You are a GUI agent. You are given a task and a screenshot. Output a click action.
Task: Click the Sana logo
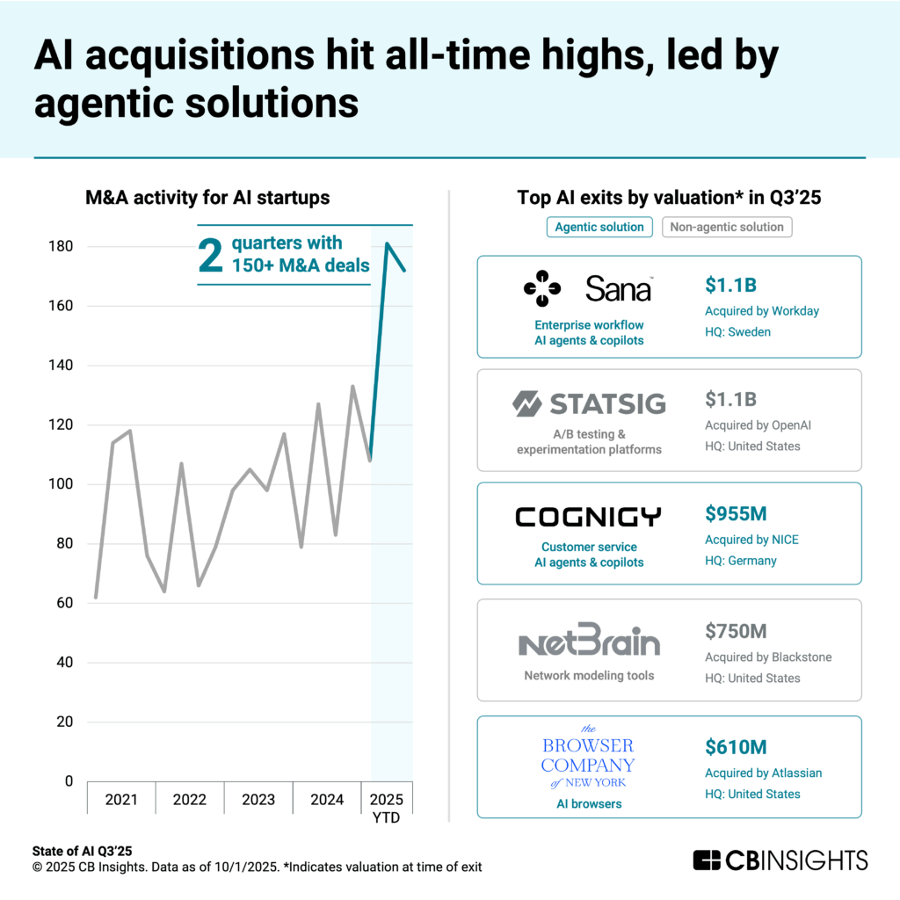pos(587,288)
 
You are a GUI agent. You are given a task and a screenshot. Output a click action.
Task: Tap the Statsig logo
pos(588,404)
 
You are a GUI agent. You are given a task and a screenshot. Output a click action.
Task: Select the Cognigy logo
pos(588,517)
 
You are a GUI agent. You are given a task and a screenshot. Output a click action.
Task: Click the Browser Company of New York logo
pos(587,756)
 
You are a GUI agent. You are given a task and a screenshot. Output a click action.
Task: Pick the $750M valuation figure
pos(736,630)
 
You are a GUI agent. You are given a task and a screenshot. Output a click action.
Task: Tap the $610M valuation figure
pos(736,747)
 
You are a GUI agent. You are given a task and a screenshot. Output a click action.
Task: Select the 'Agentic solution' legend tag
pos(600,227)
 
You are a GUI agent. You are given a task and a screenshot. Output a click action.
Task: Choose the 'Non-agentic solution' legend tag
pos(727,227)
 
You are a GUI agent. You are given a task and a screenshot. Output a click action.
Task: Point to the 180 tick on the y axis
pos(61,246)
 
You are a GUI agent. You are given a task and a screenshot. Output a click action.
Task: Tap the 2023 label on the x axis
pos(258,800)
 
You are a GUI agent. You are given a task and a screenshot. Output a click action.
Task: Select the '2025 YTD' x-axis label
pos(387,808)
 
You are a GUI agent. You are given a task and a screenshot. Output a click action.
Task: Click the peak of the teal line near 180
pos(387,243)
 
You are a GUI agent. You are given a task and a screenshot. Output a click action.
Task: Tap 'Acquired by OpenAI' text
pos(758,425)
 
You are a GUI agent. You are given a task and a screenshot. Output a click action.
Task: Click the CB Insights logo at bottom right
pos(780,860)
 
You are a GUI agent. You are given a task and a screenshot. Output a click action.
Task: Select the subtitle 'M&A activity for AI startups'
pos(207,198)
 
